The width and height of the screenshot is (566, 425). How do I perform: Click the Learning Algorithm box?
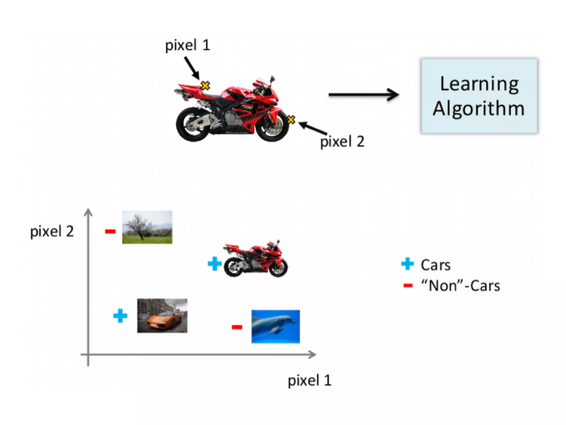(x=479, y=96)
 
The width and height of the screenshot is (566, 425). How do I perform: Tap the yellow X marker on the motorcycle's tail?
(x=205, y=85)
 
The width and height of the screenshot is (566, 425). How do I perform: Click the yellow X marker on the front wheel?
(x=291, y=120)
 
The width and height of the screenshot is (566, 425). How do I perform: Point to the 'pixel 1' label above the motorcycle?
(x=188, y=45)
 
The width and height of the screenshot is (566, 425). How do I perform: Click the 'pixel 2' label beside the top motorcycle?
(x=342, y=141)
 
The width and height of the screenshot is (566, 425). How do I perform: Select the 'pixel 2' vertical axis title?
(x=52, y=231)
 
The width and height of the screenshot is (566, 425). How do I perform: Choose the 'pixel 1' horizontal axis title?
(x=310, y=380)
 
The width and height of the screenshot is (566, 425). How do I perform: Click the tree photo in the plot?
(x=147, y=227)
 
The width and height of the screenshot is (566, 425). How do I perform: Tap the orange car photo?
(x=162, y=315)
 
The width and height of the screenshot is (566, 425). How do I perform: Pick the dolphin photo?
(x=276, y=326)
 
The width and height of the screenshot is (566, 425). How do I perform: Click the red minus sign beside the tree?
(x=110, y=231)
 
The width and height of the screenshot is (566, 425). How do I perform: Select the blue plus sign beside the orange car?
(x=120, y=316)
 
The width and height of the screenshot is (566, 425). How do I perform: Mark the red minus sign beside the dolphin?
(x=237, y=327)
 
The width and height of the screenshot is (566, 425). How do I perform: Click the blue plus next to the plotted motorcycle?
(x=214, y=263)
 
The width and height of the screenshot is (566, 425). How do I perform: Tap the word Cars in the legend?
(x=436, y=265)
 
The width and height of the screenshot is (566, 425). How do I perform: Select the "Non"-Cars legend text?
(x=460, y=286)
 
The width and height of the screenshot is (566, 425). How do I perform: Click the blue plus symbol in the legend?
(x=407, y=264)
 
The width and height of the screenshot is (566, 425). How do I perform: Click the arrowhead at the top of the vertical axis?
(x=88, y=212)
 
